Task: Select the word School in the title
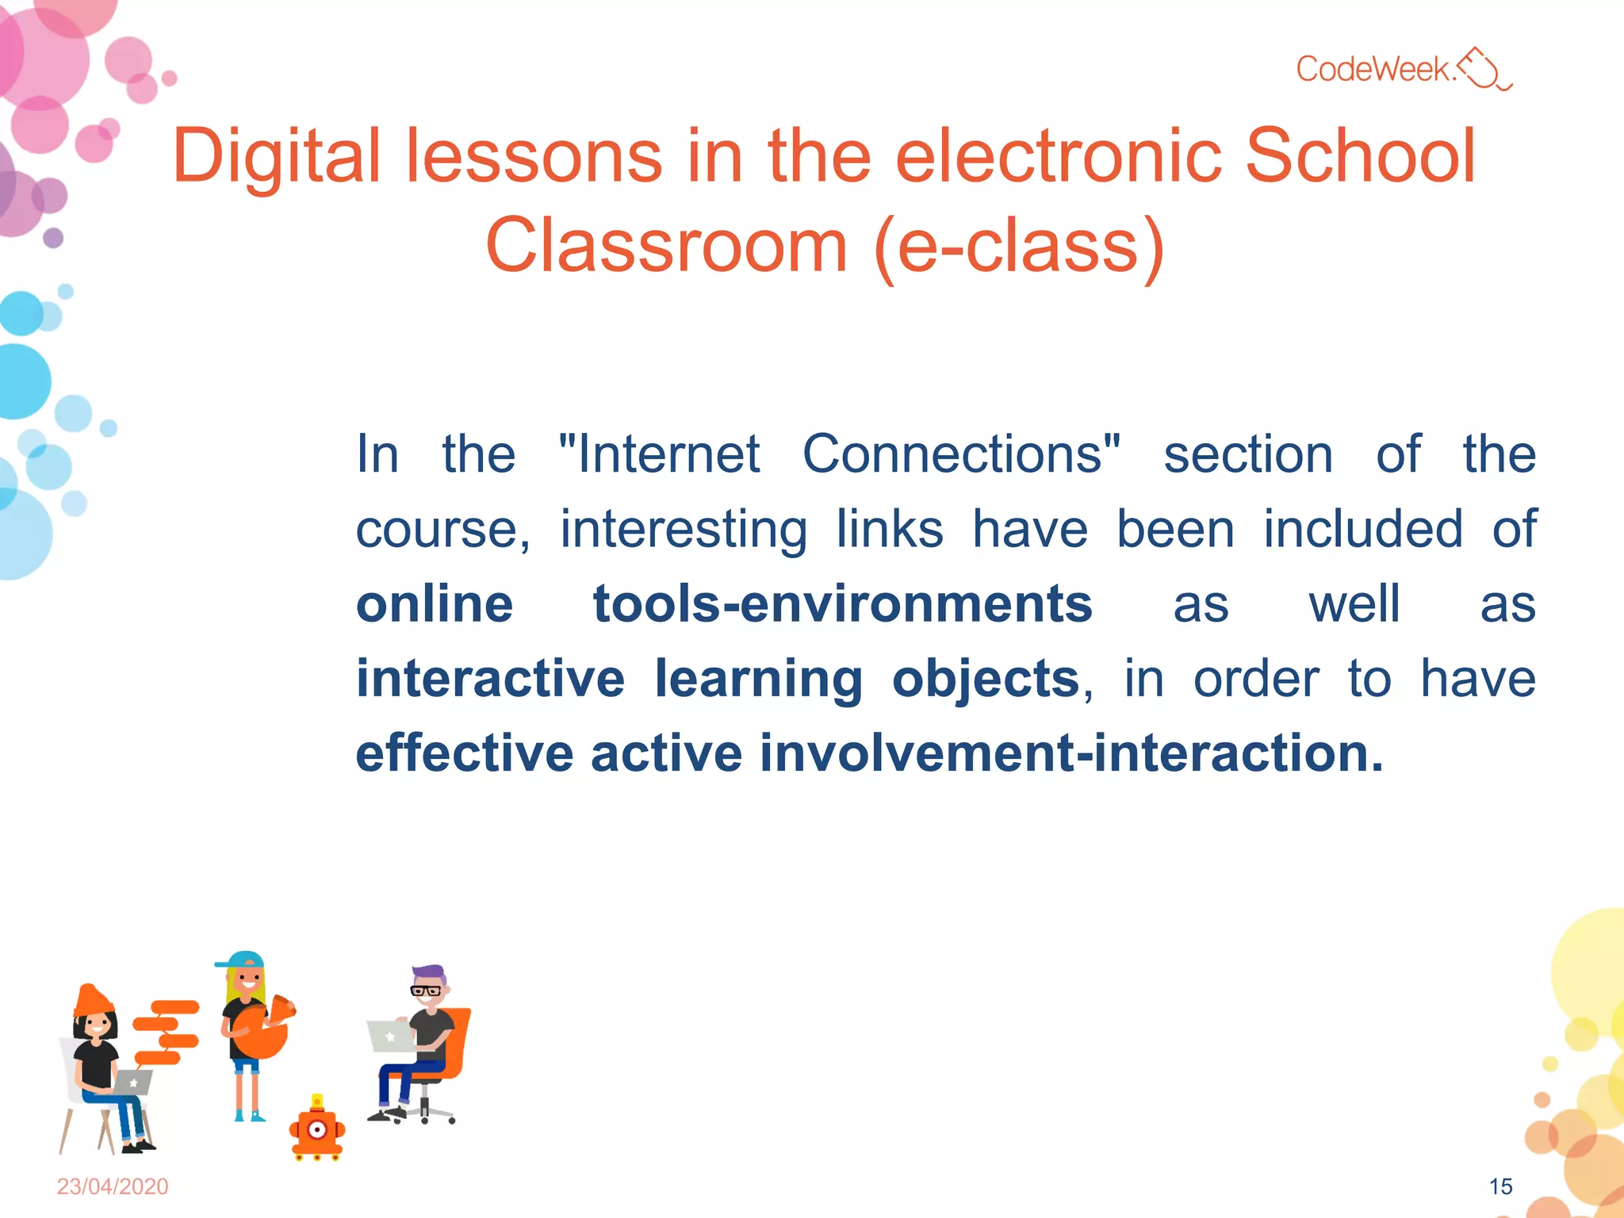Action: pyautogui.click(x=1360, y=156)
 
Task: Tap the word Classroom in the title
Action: pyautogui.click(x=666, y=246)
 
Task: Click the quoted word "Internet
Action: pyautogui.click(x=660, y=454)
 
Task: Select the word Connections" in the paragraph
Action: pyautogui.click(x=962, y=454)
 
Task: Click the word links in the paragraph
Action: pyautogui.click(x=890, y=529)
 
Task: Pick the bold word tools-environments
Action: pyautogui.click(x=843, y=604)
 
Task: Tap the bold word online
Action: pyautogui.click(x=435, y=604)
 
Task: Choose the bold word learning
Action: pyautogui.click(x=758, y=680)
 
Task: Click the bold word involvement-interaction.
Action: pyautogui.click(x=1071, y=753)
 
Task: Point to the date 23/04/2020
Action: pyautogui.click(x=113, y=1186)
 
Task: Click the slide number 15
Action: pyautogui.click(x=1500, y=1186)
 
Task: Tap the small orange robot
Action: pyautogui.click(x=317, y=1131)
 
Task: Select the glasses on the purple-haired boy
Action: pyautogui.click(x=426, y=990)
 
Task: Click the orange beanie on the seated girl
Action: pyautogui.click(x=93, y=1001)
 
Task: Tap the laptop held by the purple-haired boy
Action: pyautogui.click(x=390, y=1036)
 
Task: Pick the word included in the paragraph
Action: pyautogui.click(x=1363, y=529)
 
